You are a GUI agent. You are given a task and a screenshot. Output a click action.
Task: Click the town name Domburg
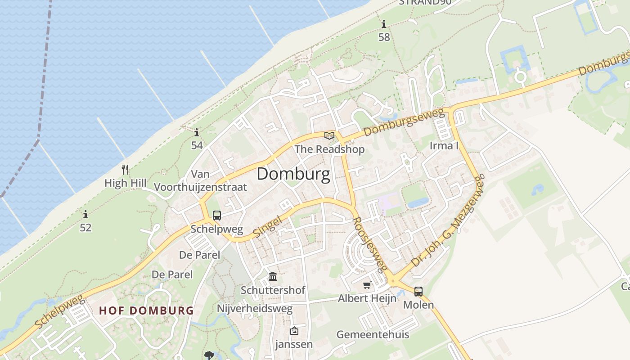tap(293, 174)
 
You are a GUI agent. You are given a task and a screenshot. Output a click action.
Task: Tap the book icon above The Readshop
tap(329, 135)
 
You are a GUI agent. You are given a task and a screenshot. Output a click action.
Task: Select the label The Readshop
tap(329, 149)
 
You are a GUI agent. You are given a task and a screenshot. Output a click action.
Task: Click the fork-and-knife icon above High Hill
tap(125, 170)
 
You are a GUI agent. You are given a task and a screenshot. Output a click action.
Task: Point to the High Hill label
tap(126, 183)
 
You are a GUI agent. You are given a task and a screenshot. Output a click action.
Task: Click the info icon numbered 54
tap(197, 133)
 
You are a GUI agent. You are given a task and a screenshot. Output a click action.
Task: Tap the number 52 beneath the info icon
tap(85, 228)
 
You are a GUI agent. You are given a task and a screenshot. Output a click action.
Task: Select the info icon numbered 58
tap(384, 24)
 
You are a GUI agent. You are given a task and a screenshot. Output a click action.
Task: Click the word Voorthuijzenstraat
tap(201, 187)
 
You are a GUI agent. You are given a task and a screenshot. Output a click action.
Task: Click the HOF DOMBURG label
tap(147, 310)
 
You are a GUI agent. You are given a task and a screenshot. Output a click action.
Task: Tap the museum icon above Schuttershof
tap(273, 276)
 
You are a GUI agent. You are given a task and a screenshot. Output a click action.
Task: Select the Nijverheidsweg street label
tap(255, 309)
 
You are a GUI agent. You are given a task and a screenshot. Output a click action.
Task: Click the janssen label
tap(294, 345)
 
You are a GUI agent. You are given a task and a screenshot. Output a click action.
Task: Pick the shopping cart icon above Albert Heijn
tap(367, 285)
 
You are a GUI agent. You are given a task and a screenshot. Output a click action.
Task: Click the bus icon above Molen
tap(418, 292)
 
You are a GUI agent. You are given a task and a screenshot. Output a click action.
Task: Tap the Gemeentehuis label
tap(373, 334)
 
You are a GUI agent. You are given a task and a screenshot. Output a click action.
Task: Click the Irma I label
tap(444, 145)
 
